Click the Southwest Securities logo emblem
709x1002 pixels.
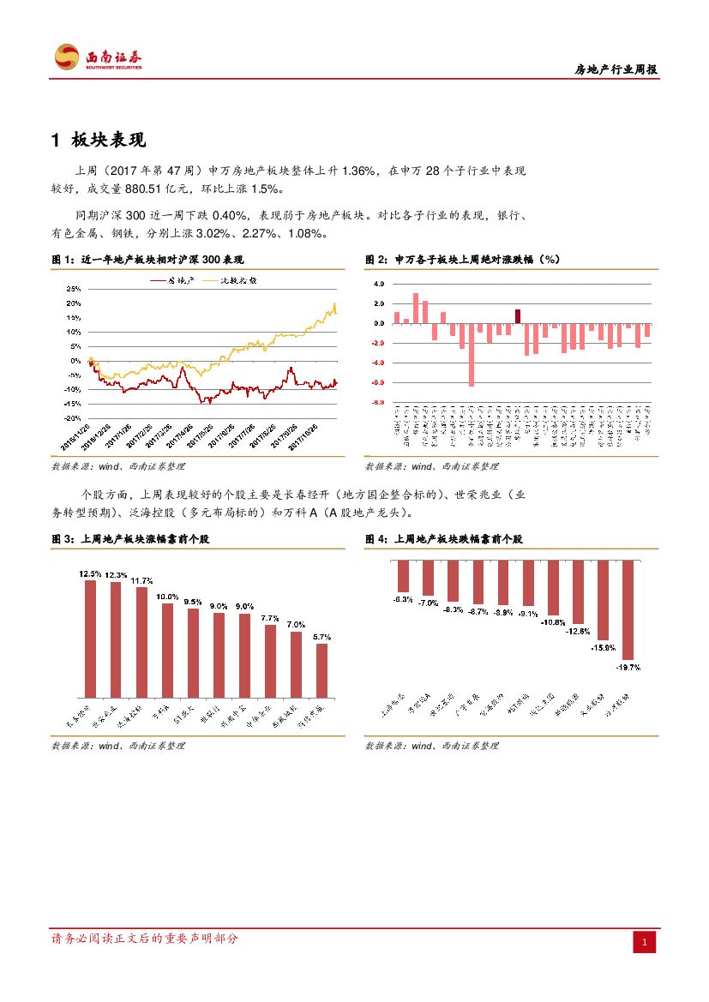point(67,57)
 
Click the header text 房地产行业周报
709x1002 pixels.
point(615,70)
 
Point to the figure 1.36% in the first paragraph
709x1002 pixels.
point(358,171)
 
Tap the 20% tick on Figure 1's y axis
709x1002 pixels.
point(74,303)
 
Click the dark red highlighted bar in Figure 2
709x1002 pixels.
point(518,316)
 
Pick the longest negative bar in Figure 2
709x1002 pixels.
point(472,355)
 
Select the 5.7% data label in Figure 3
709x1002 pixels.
point(321,637)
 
